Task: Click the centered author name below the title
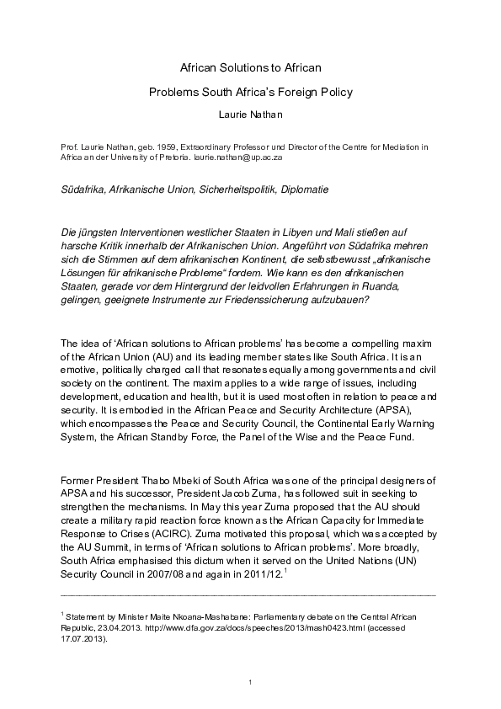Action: tap(250, 113)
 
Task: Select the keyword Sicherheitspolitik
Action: tap(237, 189)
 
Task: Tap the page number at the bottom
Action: tap(250, 680)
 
